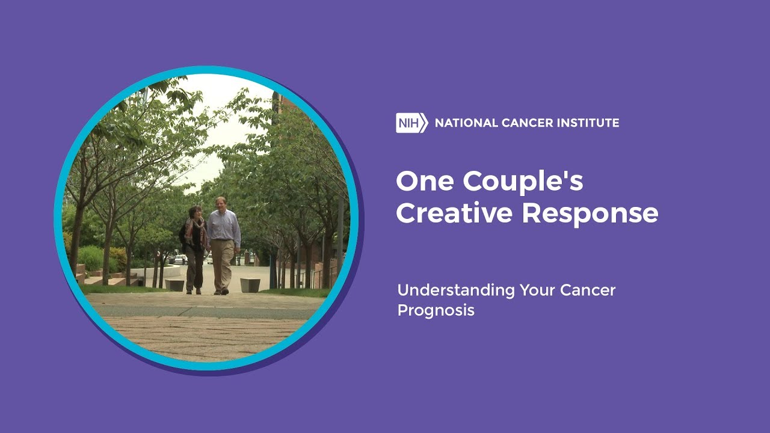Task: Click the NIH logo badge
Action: [x=412, y=123]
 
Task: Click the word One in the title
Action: [x=425, y=181]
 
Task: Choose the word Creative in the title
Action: [x=454, y=213]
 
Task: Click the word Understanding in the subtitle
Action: [x=456, y=290]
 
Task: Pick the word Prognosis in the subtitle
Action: [x=436, y=311]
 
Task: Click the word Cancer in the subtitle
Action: [x=588, y=290]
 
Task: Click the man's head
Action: [x=221, y=203]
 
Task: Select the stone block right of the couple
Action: [x=250, y=285]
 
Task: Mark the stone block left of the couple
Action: [x=174, y=285]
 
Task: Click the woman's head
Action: [x=196, y=212]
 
